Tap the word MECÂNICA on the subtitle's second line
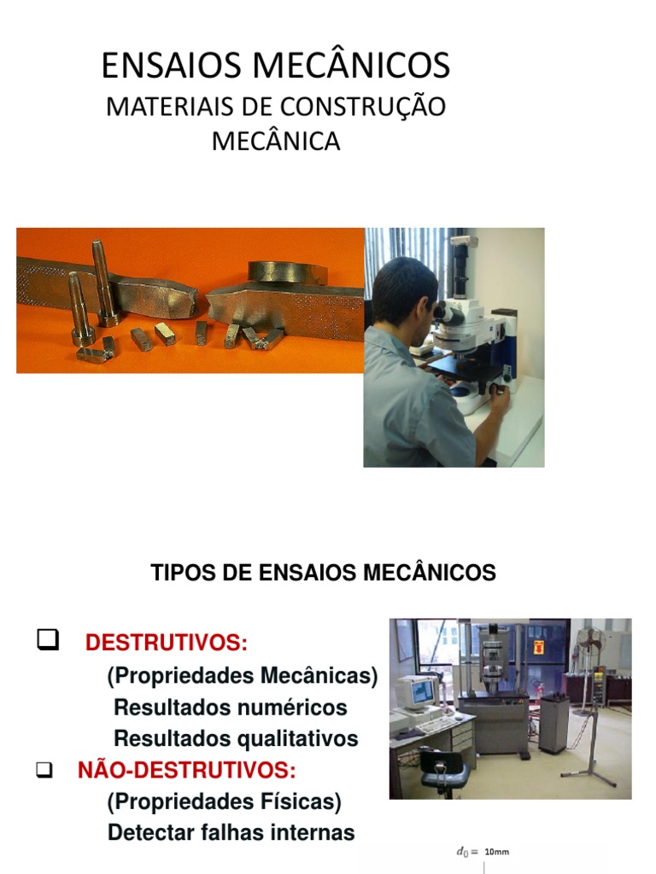point(276,141)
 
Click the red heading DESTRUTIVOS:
point(167,643)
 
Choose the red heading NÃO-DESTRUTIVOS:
point(187,771)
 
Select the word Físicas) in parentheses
point(298,802)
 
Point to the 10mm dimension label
point(496,851)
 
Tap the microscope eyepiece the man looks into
point(445,313)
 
